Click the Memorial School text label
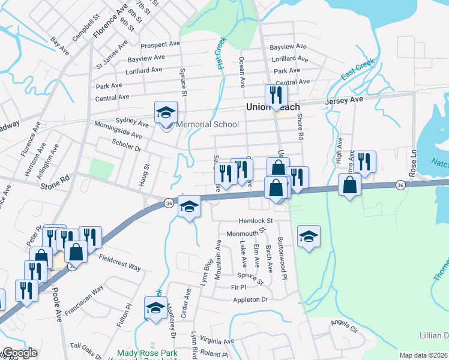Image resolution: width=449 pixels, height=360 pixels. click(x=208, y=125)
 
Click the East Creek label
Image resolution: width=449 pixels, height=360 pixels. click(x=357, y=70)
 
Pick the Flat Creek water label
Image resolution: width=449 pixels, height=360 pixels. click(x=221, y=53)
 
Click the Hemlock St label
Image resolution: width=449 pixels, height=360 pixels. click(x=256, y=220)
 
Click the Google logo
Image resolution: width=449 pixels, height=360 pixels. click(x=19, y=353)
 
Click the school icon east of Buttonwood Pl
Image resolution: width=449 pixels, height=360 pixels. click(x=309, y=237)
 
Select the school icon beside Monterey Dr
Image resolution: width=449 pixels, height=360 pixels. click(x=156, y=309)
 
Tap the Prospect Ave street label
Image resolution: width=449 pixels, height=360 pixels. click(x=160, y=45)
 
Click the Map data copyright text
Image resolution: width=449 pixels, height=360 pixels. click(x=423, y=355)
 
